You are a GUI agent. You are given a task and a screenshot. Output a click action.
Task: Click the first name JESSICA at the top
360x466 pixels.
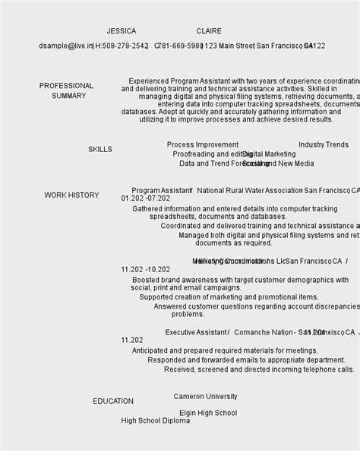click(x=122, y=31)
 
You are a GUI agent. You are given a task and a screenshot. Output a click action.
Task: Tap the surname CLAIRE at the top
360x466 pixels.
click(x=209, y=31)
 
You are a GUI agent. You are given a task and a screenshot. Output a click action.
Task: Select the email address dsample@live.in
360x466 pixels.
click(x=65, y=46)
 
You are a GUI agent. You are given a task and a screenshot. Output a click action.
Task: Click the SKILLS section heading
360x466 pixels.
click(x=99, y=150)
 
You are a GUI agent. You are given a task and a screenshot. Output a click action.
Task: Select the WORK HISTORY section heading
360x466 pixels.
click(x=71, y=195)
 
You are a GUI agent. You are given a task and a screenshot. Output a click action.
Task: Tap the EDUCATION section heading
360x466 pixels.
click(x=113, y=401)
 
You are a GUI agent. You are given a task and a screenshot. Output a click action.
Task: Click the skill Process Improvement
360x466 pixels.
click(x=203, y=144)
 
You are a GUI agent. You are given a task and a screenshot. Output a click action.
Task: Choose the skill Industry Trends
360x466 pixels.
click(x=324, y=144)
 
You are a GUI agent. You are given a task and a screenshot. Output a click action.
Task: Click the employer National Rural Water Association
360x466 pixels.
click(x=250, y=191)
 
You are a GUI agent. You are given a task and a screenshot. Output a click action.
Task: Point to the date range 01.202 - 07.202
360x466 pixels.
click(x=145, y=198)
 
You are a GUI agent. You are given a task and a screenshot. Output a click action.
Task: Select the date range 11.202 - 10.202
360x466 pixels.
click(x=145, y=269)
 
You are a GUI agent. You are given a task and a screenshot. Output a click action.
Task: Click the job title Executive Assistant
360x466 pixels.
click(x=196, y=332)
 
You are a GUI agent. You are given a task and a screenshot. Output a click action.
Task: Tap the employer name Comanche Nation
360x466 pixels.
click(x=264, y=332)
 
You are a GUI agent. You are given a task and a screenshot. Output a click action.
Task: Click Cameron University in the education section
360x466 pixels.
click(x=205, y=397)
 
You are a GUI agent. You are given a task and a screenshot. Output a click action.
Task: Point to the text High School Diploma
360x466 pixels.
click(x=155, y=421)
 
